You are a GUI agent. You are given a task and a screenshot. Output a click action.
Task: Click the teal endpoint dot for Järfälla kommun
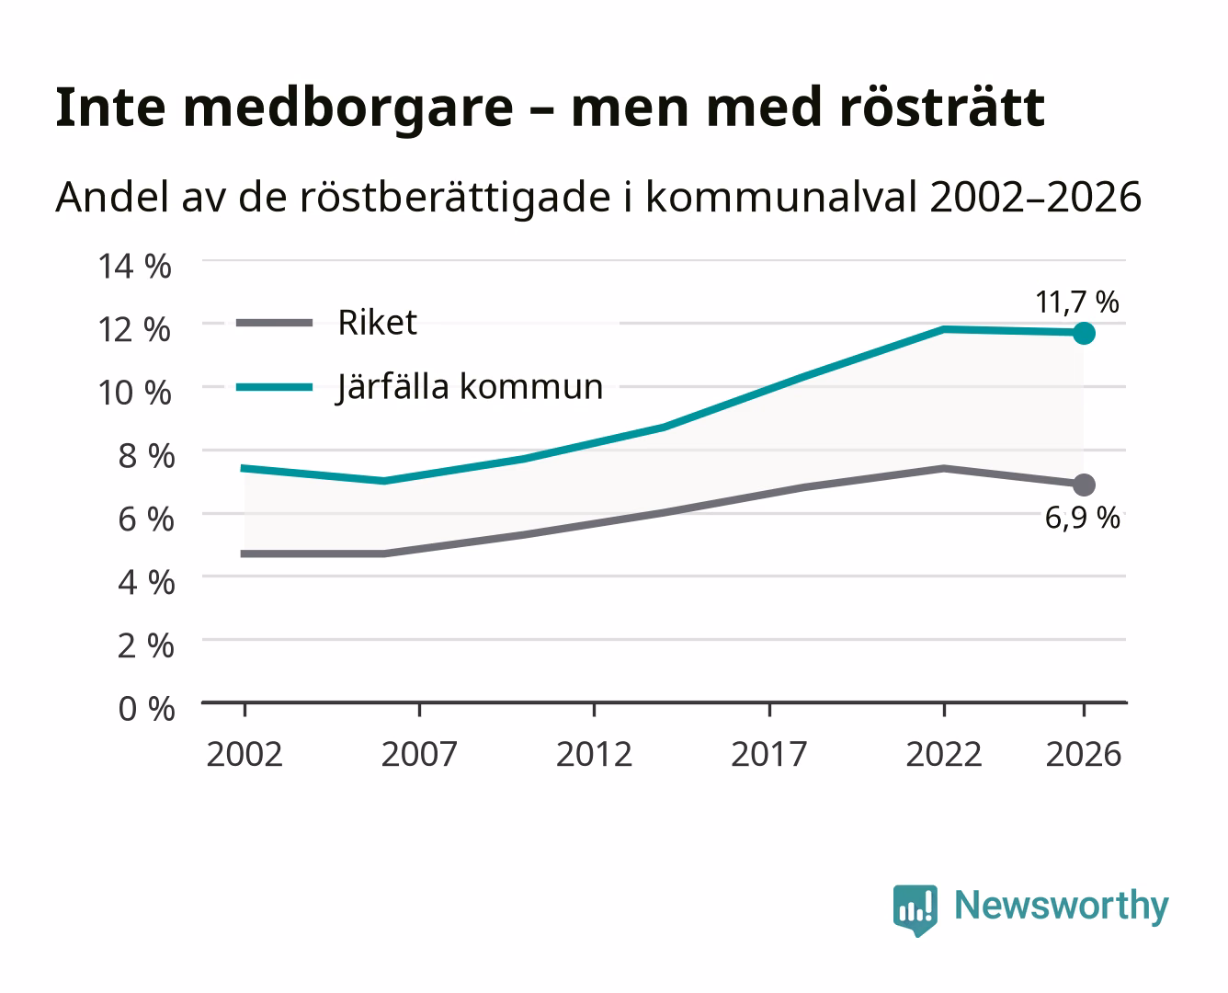(x=1084, y=334)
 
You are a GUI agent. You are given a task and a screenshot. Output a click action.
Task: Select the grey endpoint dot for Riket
(x=1084, y=485)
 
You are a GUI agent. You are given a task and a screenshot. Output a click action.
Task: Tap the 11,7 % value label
(x=1077, y=302)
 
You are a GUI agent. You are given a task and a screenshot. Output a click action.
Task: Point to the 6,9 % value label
(x=1082, y=518)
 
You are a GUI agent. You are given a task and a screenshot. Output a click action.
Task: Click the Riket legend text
(x=377, y=322)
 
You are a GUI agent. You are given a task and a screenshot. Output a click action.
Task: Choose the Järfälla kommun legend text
(x=470, y=387)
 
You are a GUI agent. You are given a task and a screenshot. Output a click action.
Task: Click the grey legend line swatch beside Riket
(x=275, y=323)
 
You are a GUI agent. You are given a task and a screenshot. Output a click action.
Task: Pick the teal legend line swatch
(x=275, y=387)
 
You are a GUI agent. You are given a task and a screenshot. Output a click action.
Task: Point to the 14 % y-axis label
(x=134, y=267)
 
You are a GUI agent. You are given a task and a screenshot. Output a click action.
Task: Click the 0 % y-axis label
(x=146, y=709)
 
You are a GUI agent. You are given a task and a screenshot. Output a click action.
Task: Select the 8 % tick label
(x=146, y=456)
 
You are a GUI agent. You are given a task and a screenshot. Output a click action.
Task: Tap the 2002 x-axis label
(x=244, y=754)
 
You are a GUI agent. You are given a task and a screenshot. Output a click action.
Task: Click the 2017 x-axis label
(x=769, y=754)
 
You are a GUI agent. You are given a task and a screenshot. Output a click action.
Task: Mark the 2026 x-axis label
(x=1084, y=754)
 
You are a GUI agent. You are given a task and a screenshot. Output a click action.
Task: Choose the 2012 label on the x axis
(x=594, y=754)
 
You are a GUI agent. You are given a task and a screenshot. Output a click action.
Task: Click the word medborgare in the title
(x=347, y=108)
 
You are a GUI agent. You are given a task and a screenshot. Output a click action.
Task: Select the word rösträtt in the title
(x=942, y=107)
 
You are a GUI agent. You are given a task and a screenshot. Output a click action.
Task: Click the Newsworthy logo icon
(x=915, y=910)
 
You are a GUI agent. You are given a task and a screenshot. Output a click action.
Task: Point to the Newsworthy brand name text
(x=1062, y=907)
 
